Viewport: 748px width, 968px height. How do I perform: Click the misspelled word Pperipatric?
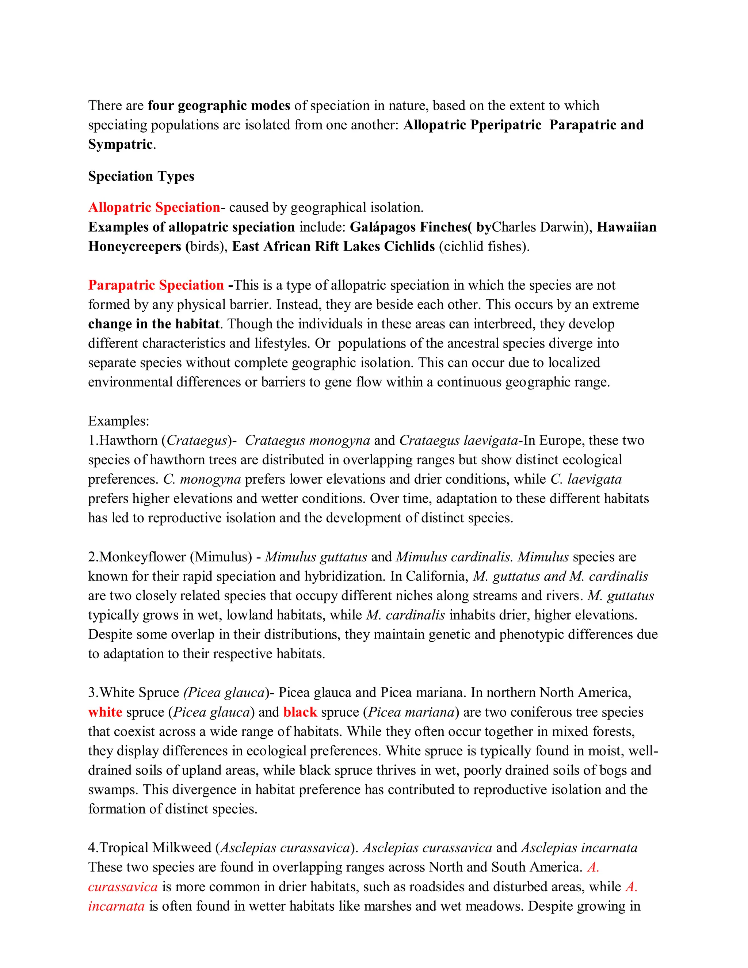pos(505,125)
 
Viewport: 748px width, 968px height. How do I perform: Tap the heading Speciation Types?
pos(141,176)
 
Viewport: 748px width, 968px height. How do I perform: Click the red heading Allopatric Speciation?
pos(154,207)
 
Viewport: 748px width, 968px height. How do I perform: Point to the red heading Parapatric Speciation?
pos(156,285)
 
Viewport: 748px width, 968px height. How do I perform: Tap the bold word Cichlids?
pos(409,247)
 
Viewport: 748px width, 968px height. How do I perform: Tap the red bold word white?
pos(105,712)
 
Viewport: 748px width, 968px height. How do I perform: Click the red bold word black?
pos(300,712)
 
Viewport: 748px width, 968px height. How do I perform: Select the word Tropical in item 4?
pos(124,847)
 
